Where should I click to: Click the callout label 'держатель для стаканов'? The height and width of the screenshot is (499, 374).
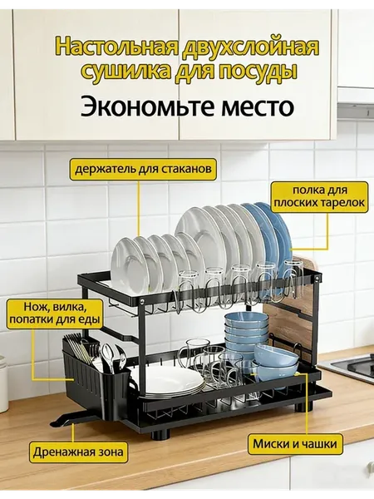143,168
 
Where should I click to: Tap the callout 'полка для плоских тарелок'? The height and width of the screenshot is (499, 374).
320,196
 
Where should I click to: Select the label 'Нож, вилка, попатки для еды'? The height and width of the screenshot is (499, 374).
54,314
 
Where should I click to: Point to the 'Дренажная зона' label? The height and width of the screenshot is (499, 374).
78,452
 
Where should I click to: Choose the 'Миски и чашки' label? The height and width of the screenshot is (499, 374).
295,443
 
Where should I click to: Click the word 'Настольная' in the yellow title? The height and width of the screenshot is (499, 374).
116,47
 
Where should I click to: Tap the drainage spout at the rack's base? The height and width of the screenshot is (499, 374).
72,419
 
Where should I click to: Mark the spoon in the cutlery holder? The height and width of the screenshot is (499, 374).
108,356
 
